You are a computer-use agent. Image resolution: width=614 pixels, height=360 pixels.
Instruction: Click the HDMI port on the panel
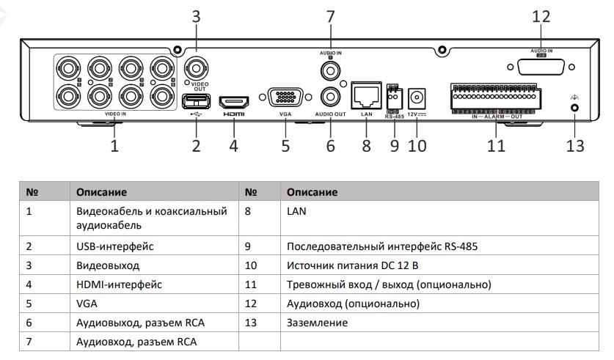(x=235, y=101)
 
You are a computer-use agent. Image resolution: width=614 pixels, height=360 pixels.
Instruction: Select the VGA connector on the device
(x=285, y=98)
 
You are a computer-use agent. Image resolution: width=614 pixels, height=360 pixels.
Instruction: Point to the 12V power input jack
(x=418, y=96)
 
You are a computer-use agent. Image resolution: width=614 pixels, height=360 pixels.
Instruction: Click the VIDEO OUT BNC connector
(x=196, y=70)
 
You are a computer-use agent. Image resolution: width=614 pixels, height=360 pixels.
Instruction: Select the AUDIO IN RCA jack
(x=330, y=70)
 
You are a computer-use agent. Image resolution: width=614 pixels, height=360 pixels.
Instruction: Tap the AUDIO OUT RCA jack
(x=330, y=97)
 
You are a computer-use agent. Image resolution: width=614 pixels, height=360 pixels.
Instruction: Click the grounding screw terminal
(x=574, y=107)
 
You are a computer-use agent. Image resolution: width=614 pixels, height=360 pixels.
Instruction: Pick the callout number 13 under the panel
(x=575, y=146)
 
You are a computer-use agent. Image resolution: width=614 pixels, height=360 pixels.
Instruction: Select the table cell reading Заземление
(x=317, y=323)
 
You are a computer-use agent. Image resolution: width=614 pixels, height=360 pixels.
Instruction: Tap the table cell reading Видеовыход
(x=108, y=265)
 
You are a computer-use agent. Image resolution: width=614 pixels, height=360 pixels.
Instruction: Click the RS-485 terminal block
(x=394, y=94)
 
